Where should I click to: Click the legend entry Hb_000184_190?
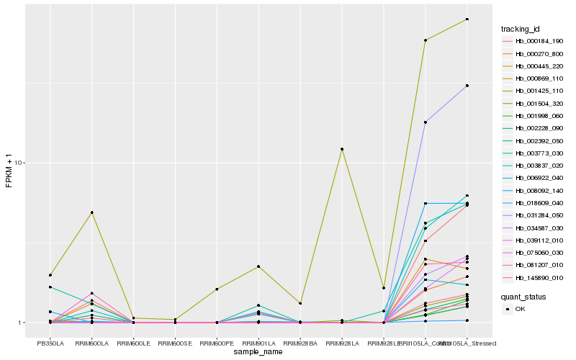coord(534,41)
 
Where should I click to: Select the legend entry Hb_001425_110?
coord(534,91)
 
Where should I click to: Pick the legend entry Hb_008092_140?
coord(534,190)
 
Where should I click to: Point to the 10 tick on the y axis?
coord(20,163)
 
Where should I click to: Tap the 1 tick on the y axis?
coord(22,323)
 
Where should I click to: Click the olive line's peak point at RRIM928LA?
coord(342,149)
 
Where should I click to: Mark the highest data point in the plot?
coord(467,19)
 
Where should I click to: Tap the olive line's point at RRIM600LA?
coord(91,212)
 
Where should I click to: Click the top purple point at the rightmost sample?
coord(467,86)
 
